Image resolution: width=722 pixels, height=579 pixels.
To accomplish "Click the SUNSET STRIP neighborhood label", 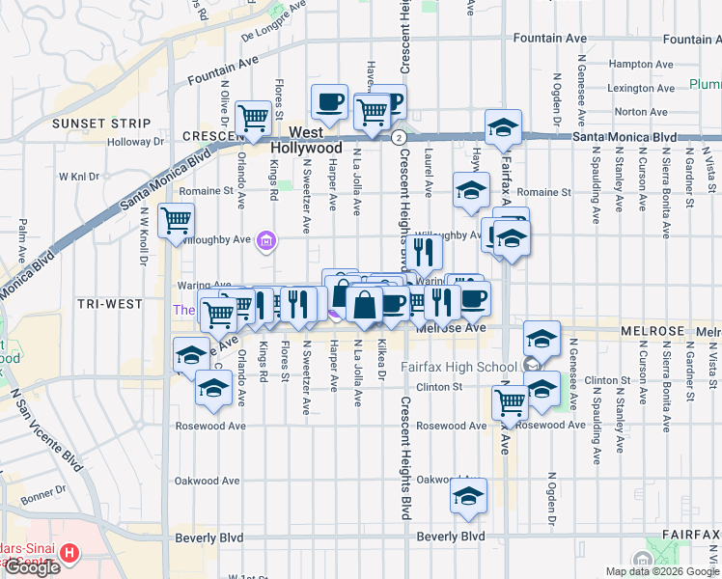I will click(101, 124).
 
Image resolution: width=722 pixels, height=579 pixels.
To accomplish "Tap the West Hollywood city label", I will click(306, 140).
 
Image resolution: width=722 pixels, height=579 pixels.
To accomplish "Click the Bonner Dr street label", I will click(42, 495).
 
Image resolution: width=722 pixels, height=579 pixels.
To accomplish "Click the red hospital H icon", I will click(69, 554).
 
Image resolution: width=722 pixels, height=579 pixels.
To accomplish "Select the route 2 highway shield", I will click(398, 138).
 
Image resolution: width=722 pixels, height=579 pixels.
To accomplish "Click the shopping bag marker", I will click(365, 306).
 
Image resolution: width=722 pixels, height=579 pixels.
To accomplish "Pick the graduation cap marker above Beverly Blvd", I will click(468, 497).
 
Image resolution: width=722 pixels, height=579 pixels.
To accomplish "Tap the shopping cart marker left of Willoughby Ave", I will click(176, 221).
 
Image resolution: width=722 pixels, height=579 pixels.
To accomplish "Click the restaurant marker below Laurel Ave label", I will click(423, 252).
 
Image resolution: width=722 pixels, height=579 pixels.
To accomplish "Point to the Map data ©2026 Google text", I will click(661, 571).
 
